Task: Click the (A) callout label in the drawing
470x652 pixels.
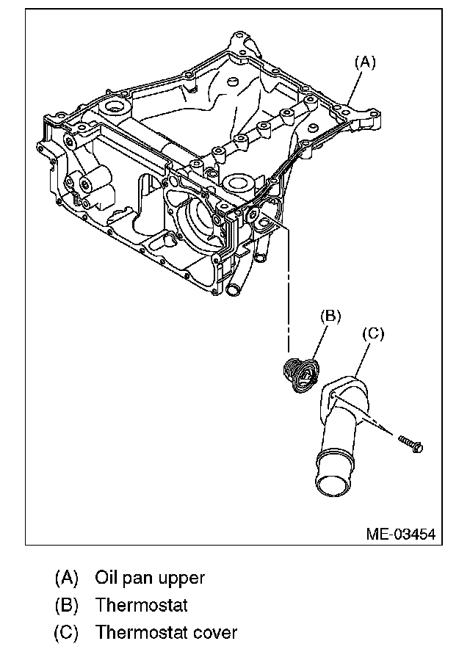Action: pos(365,62)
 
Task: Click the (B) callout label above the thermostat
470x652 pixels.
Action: pos(330,316)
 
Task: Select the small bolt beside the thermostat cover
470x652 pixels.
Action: pos(410,443)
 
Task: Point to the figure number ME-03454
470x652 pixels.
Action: pos(400,534)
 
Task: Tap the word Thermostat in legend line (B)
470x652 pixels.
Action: pos(141,605)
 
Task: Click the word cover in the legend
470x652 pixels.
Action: pos(216,631)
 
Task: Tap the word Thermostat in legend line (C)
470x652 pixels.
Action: pos(141,631)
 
